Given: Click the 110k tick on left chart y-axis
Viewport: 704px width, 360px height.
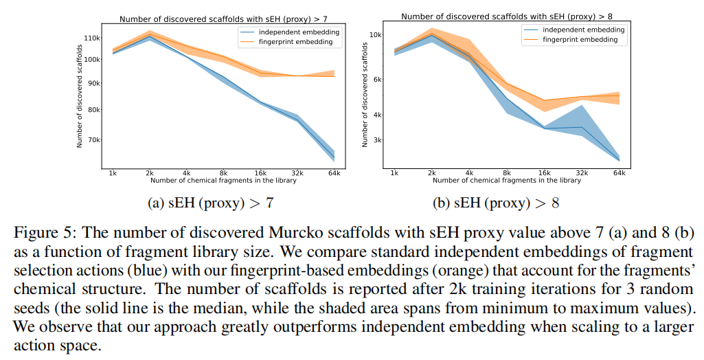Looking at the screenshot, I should coord(92,38).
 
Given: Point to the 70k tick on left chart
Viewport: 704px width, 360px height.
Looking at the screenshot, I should coord(93,139).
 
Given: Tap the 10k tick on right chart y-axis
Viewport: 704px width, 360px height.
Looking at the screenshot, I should coord(376,34).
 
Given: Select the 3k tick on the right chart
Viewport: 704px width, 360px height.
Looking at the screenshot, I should coord(377,139).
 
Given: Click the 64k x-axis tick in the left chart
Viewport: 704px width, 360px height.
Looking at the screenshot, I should coord(334,173).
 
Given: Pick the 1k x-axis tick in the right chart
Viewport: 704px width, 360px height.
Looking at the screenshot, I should coord(394,173).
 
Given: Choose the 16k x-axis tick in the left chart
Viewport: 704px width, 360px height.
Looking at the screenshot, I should coord(260,173).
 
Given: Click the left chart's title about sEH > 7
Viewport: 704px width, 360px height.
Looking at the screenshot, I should coord(224,19).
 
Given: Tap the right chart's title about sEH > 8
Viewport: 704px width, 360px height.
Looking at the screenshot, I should coord(508,16).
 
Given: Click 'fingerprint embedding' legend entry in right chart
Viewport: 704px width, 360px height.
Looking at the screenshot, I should coord(580,40).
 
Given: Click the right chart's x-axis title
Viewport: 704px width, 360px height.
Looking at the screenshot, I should coord(507,181).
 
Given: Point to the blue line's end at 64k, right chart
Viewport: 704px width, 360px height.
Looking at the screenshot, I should coord(619,160).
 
